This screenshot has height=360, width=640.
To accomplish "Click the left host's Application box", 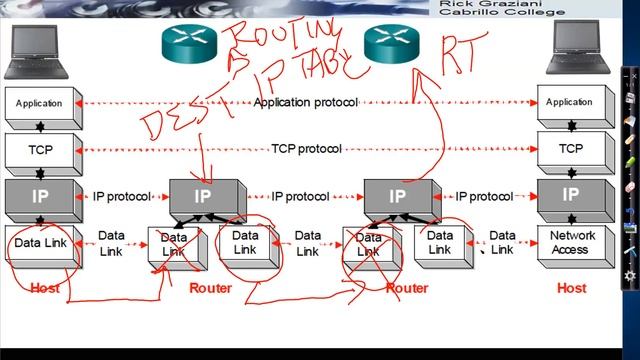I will coord(39,103).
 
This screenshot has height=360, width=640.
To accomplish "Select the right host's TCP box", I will coord(570,149).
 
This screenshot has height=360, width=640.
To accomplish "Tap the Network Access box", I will coord(572,244).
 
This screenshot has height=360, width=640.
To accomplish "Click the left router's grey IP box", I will coord(204,195).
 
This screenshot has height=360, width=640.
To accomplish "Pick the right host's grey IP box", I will coord(570,195).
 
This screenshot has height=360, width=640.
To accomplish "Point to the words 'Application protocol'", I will coord(300,102).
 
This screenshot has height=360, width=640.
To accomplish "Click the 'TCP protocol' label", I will coord(306,149).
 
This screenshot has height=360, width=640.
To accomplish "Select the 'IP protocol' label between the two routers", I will coord(300,197).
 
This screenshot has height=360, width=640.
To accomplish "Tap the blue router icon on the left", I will coord(188,41).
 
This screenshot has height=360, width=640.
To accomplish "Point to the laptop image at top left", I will coord(34,50).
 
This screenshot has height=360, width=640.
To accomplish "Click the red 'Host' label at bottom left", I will coord(45,288).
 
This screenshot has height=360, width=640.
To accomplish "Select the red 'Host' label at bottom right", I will coord(571,288).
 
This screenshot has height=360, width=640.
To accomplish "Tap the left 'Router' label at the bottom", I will coord(210,288).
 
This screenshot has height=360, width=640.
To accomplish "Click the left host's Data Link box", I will coord(39,244).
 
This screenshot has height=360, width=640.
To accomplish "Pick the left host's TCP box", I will coord(39,149).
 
